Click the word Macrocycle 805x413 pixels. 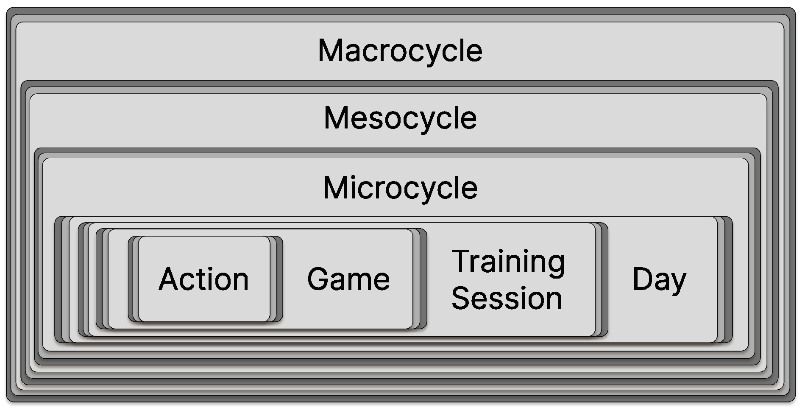400,51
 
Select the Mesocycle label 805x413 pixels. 400,118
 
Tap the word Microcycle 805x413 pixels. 400,188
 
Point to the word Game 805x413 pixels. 348,279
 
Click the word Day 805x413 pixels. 659,280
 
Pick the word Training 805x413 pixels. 508,262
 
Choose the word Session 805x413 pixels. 507,298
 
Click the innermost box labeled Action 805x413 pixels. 204,279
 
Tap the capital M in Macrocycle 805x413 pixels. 331,51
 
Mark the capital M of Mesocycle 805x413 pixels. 336,118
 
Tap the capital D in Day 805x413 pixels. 642,279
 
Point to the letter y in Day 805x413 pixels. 678,282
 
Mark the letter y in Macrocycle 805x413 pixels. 427,53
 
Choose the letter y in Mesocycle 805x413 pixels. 423,120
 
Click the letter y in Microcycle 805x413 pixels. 423,190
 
